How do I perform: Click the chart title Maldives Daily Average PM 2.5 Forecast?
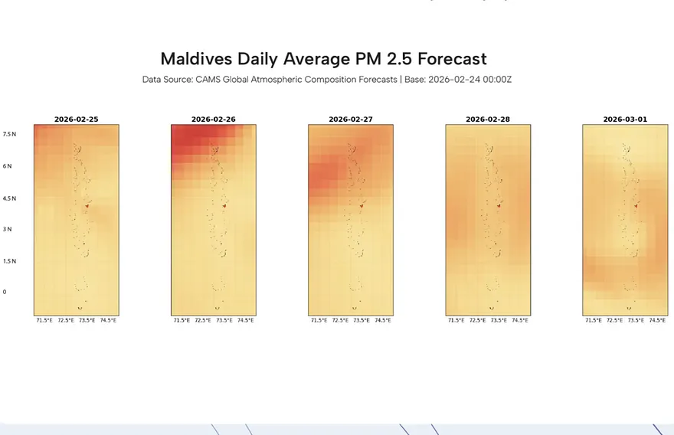(x=323, y=59)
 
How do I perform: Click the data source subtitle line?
(x=326, y=80)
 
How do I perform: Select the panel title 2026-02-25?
(x=76, y=119)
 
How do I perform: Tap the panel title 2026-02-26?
(x=213, y=119)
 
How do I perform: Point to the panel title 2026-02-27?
(x=351, y=119)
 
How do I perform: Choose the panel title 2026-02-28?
(x=488, y=119)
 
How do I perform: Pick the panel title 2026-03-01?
(x=625, y=119)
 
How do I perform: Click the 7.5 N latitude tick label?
(x=9, y=134)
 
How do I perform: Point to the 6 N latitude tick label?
(x=9, y=166)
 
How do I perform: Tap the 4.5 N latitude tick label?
(x=9, y=198)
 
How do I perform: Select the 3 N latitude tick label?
(x=9, y=229)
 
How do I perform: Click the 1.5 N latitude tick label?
(x=9, y=261)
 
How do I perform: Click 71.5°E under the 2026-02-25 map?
(x=44, y=320)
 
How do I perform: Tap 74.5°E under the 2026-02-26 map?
(x=245, y=320)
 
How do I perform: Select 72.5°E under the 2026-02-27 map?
(x=340, y=320)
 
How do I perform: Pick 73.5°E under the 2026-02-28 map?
(x=499, y=320)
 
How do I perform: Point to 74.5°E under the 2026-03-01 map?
(x=657, y=320)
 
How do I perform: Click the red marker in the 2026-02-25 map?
(x=87, y=206)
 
